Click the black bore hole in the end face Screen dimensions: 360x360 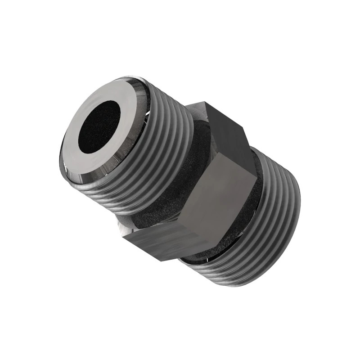99,126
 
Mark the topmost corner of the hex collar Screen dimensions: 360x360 202,103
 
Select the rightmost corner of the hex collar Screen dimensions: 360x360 257,180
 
